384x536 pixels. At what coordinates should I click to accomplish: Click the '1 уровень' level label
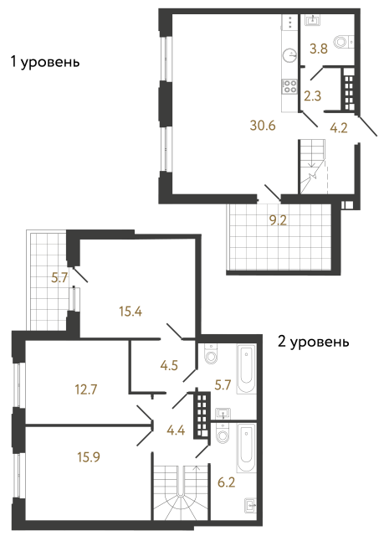pos(44,62)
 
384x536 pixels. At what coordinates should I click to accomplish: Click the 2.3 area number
pos(313,95)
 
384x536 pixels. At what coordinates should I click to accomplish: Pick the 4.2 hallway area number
pos(339,128)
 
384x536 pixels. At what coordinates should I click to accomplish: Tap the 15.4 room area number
pos(129,312)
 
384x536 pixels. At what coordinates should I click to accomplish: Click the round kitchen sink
pos(289,55)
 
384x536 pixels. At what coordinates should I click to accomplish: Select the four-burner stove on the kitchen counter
pos(289,85)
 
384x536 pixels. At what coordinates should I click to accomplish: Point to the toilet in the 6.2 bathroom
pos(220,435)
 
